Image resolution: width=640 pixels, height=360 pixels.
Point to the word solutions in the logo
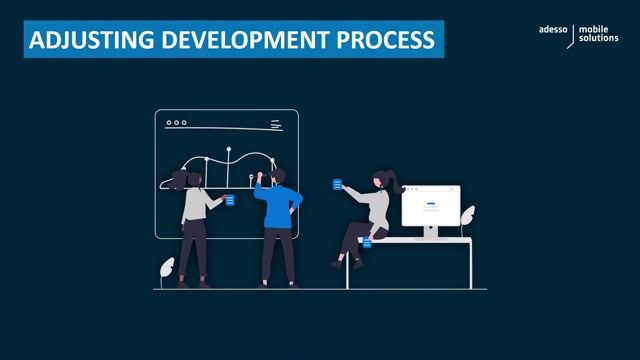pyautogui.click(x=598, y=50)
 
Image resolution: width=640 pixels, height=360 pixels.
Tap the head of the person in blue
pyautogui.click(x=278, y=176)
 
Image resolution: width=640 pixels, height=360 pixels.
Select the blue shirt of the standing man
pyautogui.click(x=275, y=205)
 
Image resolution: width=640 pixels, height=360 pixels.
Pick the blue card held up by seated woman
pyautogui.click(x=337, y=184)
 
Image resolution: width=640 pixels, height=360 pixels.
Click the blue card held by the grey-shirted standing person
pyautogui.click(x=230, y=200)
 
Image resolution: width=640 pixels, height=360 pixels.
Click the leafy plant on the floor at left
pyautogui.click(x=166, y=269)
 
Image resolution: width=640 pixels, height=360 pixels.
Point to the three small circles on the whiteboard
pyautogui.click(x=176, y=123)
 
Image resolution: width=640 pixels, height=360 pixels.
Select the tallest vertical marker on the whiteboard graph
pyautogui.click(x=229, y=165)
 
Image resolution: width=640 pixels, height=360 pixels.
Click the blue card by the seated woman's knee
pyautogui.click(x=368, y=242)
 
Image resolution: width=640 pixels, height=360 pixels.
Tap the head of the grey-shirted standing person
pyautogui.click(x=181, y=178)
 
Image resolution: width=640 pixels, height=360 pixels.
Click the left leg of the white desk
pyautogui.click(x=348, y=265)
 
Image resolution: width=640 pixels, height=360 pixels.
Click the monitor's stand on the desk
pyautogui.click(x=430, y=233)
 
